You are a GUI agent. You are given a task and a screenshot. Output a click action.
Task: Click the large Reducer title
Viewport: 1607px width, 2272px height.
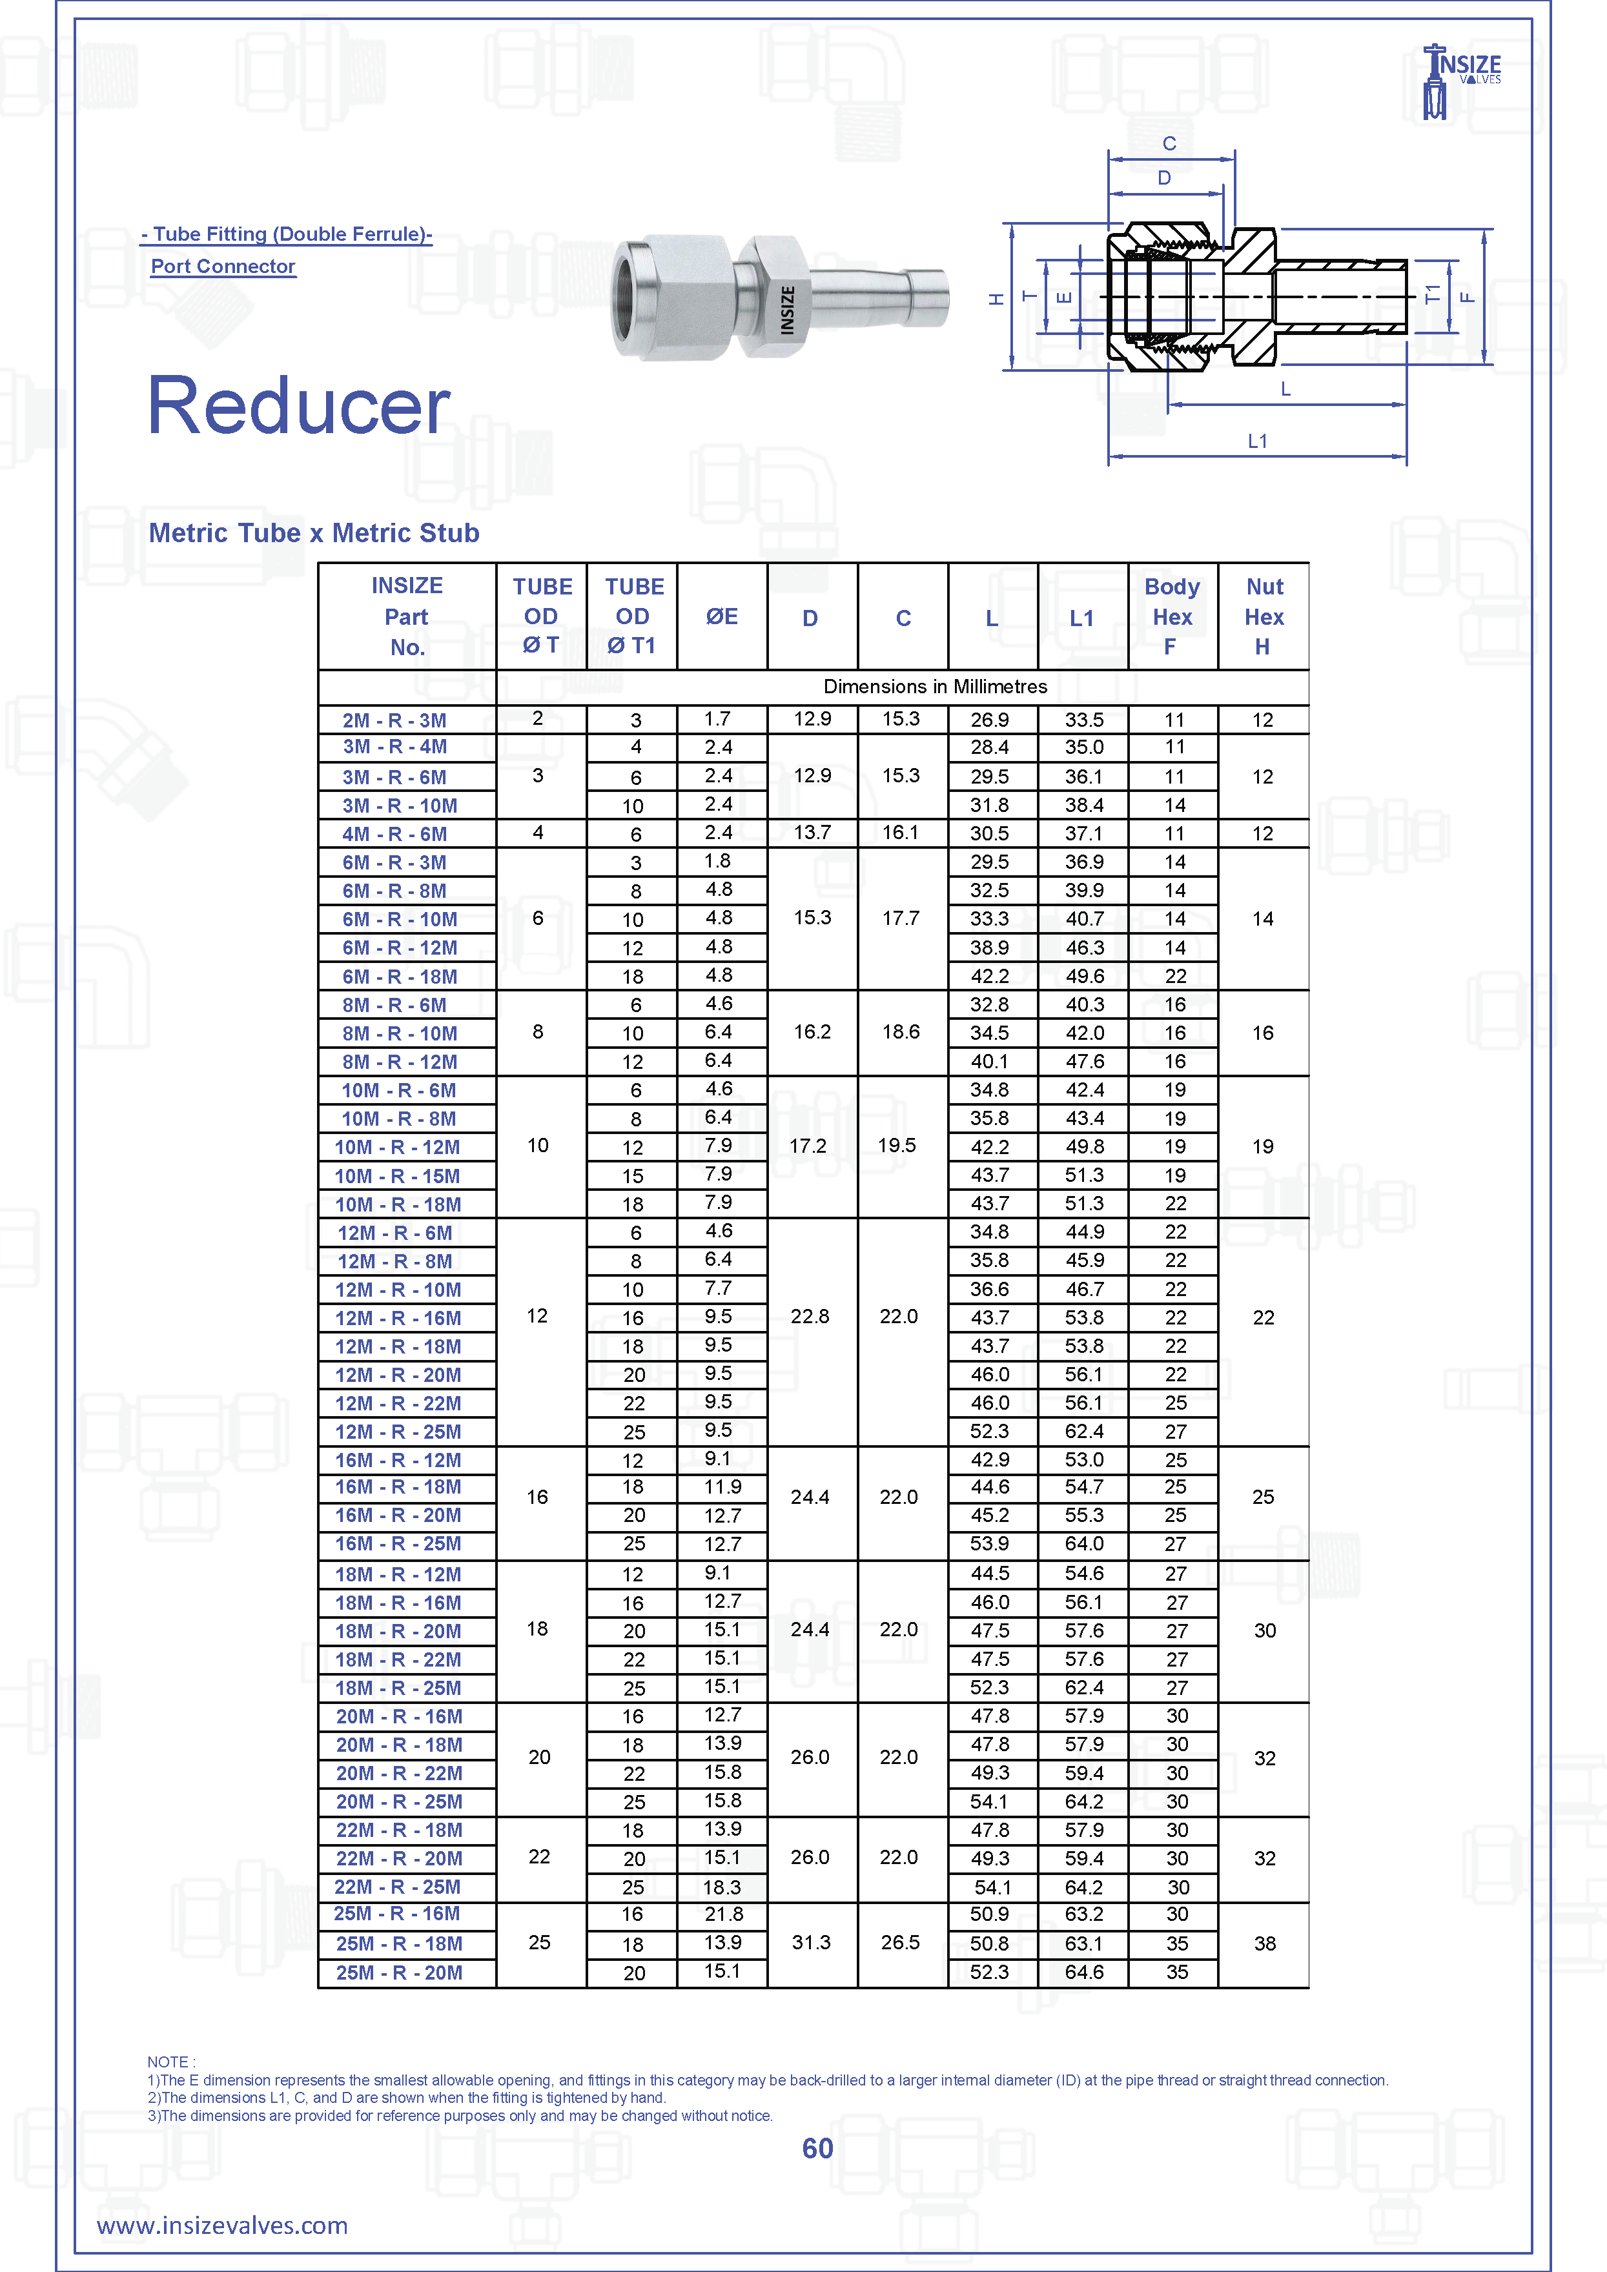point(299,406)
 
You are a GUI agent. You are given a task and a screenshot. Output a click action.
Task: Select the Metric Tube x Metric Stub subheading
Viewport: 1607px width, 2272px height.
point(314,532)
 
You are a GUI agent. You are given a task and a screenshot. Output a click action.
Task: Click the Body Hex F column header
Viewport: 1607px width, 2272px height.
point(1172,616)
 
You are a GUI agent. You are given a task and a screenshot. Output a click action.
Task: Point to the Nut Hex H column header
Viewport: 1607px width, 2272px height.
point(1264,616)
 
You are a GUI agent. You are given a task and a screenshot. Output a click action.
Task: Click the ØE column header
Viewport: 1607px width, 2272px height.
point(721,616)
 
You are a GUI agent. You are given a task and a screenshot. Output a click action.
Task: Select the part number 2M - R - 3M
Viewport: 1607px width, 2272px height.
point(394,720)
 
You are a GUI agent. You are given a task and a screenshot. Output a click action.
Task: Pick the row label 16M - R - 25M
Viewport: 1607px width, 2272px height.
point(398,1544)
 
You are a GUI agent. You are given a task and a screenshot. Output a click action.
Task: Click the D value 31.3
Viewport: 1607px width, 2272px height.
point(810,1942)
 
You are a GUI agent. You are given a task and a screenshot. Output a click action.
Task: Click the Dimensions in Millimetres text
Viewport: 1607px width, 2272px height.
point(934,687)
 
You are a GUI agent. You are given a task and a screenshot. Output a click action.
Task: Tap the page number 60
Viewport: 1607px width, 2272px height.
point(817,2148)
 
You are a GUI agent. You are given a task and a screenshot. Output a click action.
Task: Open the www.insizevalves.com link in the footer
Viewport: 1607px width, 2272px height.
point(223,2226)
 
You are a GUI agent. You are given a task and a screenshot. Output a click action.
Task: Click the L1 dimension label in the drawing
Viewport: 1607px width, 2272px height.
point(1256,441)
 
